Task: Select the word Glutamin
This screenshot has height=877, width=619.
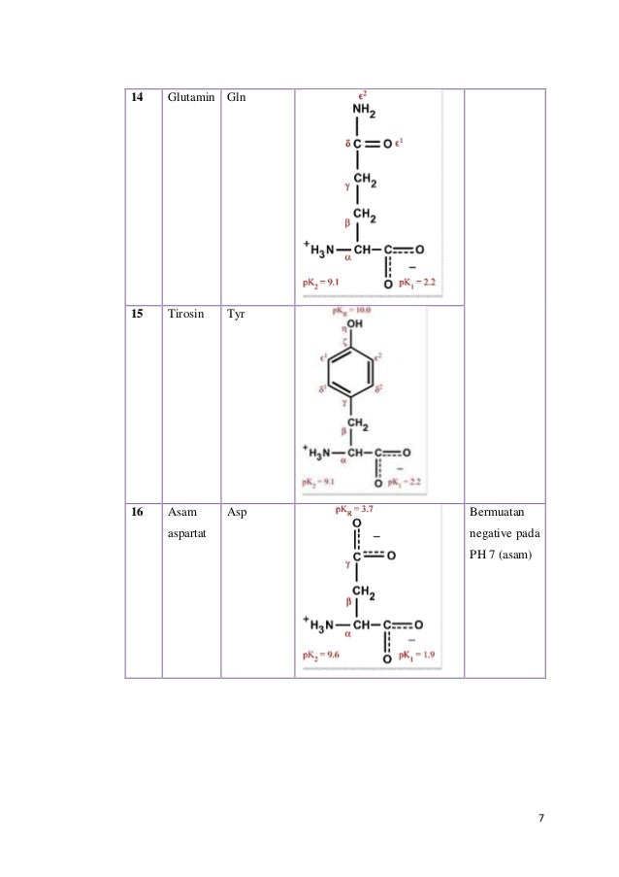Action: coord(190,99)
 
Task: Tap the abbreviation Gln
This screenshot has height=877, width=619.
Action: coord(236,99)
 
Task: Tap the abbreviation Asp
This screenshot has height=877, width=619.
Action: coord(237,511)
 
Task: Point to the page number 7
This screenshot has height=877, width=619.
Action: coord(540,818)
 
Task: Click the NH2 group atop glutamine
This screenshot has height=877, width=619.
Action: coord(364,114)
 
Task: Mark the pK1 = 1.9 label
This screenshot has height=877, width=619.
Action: coord(413,656)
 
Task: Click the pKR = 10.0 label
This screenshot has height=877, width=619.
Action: coord(351,311)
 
